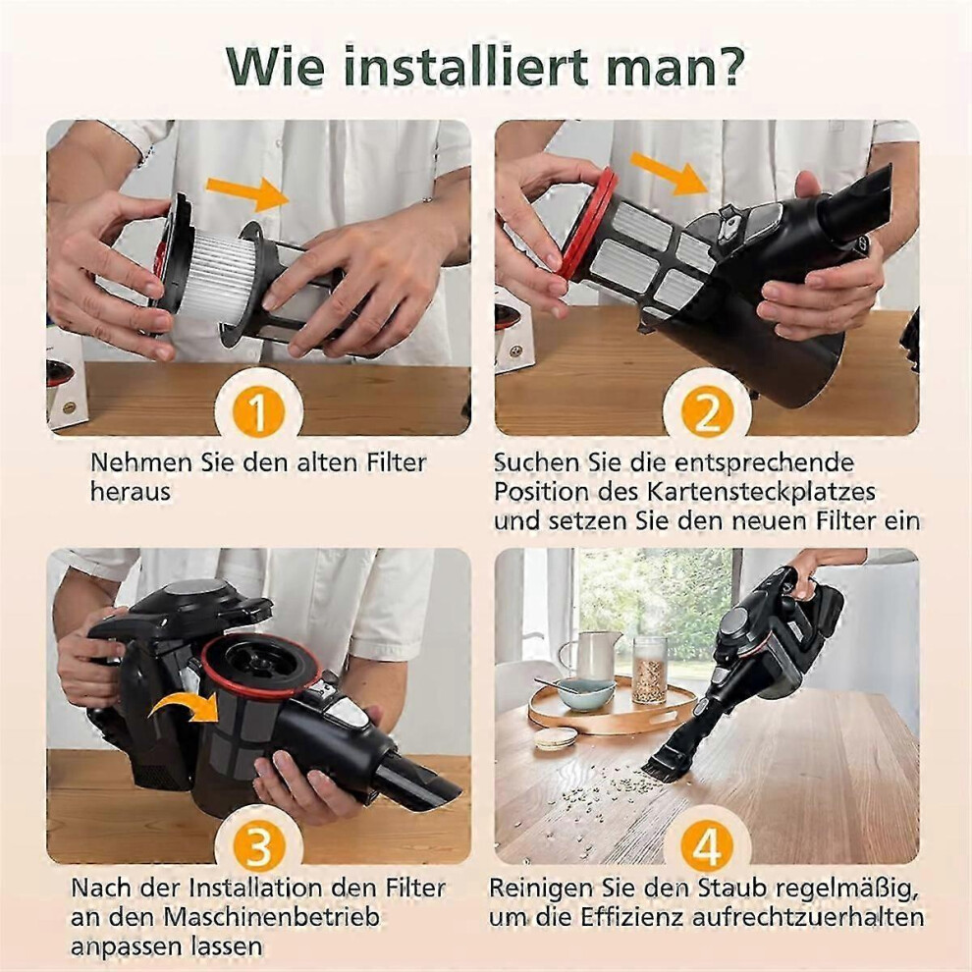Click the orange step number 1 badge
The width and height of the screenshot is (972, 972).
258,411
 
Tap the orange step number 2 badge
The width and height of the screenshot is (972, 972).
706,411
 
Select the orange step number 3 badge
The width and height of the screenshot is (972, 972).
258,845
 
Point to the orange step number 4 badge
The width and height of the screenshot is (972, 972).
706,845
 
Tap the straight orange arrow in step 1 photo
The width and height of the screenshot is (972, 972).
248,192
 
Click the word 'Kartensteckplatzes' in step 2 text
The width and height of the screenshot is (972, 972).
761,492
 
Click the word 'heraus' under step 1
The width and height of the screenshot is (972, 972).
131,492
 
